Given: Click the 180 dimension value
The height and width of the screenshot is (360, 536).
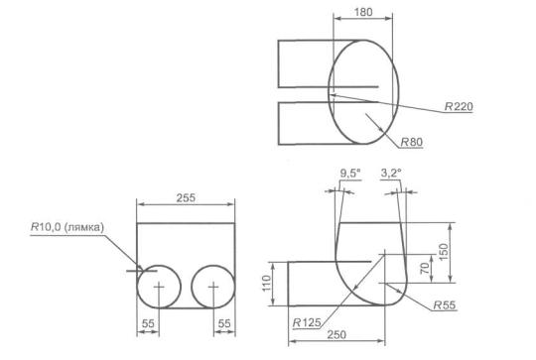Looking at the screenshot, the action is point(363,12).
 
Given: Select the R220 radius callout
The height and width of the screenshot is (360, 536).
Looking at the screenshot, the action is point(459,106).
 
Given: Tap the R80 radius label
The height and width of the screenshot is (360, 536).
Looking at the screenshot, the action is point(412,142).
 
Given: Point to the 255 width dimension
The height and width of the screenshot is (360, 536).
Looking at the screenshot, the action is point(186,197).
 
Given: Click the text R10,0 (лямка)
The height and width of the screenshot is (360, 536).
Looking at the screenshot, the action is point(67,227).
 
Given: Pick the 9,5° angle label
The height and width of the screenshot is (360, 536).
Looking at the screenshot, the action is point(350,174).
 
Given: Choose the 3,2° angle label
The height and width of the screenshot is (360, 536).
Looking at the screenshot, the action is point(391,174).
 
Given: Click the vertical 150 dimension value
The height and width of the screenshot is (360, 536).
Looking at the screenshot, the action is point(443,252).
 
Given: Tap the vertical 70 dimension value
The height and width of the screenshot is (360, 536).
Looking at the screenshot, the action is point(424,269).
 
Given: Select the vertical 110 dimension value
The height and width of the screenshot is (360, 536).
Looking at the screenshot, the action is point(266,284).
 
